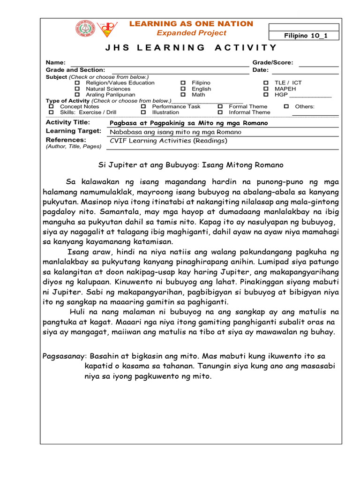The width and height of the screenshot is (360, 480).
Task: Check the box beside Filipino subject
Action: click(x=183, y=82)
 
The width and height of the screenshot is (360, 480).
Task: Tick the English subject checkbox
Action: click(x=183, y=89)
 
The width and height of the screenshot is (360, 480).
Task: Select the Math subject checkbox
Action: click(x=183, y=95)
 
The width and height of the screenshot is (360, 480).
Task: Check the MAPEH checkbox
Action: click(x=266, y=89)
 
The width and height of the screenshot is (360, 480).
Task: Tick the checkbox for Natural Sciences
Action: click(x=78, y=89)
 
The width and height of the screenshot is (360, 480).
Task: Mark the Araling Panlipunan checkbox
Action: click(x=78, y=95)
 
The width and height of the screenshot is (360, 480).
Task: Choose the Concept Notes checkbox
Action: click(x=52, y=106)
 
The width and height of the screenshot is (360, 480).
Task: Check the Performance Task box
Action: click(x=143, y=106)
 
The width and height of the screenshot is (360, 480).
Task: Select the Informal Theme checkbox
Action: click(x=220, y=112)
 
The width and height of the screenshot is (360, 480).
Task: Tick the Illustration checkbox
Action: click(x=143, y=112)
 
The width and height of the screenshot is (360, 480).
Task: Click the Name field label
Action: click(x=55, y=62)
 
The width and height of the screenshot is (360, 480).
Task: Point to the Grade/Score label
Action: click(x=273, y=62)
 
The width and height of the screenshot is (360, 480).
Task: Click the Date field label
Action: click(x=261, y=70)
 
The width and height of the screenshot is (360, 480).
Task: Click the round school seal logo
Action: click(x=85, y=28)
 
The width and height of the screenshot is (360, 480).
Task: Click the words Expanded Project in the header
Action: click(x=191, y=33)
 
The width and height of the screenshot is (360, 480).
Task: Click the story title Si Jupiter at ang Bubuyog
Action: click(x=190, y=165)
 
